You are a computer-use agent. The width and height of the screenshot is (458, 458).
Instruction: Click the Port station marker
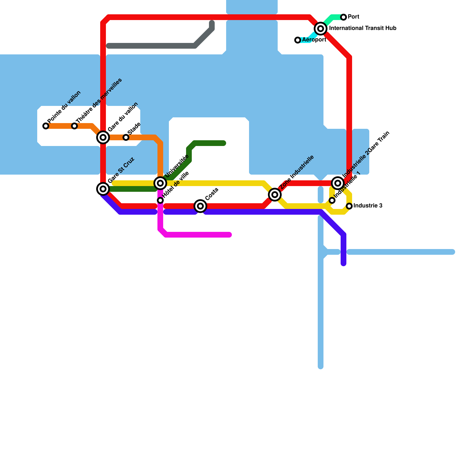[x=343, y=17]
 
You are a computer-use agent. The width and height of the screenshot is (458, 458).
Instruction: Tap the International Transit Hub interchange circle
[x=321, y=29]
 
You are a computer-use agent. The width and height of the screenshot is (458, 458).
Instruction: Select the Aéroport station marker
[x=298, y=40]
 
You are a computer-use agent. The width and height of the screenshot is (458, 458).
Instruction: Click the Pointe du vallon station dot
[x=46, y=126]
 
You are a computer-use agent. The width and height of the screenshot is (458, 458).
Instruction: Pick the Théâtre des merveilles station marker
[x=74, y=126]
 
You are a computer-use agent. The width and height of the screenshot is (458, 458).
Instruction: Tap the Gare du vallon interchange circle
[x=103, y=137]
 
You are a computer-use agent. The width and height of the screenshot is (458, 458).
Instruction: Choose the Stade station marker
[x=126, y=137]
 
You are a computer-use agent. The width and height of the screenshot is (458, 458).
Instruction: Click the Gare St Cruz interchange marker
[x=103, y=189]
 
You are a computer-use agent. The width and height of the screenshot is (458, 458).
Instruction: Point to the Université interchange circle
[x=160, y=183]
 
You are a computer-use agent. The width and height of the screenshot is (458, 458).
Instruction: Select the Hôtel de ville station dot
[x=160, y=200]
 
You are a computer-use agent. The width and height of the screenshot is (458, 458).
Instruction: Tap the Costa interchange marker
[x=200, y=206]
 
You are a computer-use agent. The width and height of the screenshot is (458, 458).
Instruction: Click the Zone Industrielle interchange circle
[x=275, y=195]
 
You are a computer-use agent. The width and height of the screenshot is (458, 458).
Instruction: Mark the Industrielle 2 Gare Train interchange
[x=338, y=183]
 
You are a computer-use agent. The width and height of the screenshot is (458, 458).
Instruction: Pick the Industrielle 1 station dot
[x=332, y=200]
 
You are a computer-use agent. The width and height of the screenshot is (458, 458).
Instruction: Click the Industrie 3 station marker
[x=349, y=206]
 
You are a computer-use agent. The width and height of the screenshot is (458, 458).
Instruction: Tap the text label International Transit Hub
[x=363, y=28]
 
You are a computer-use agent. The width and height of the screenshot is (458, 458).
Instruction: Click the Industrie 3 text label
[x=368, y=206]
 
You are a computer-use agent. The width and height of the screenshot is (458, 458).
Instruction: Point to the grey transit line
[x=152, y=46]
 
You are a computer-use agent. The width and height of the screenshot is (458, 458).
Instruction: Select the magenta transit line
[x=198, y=235]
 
